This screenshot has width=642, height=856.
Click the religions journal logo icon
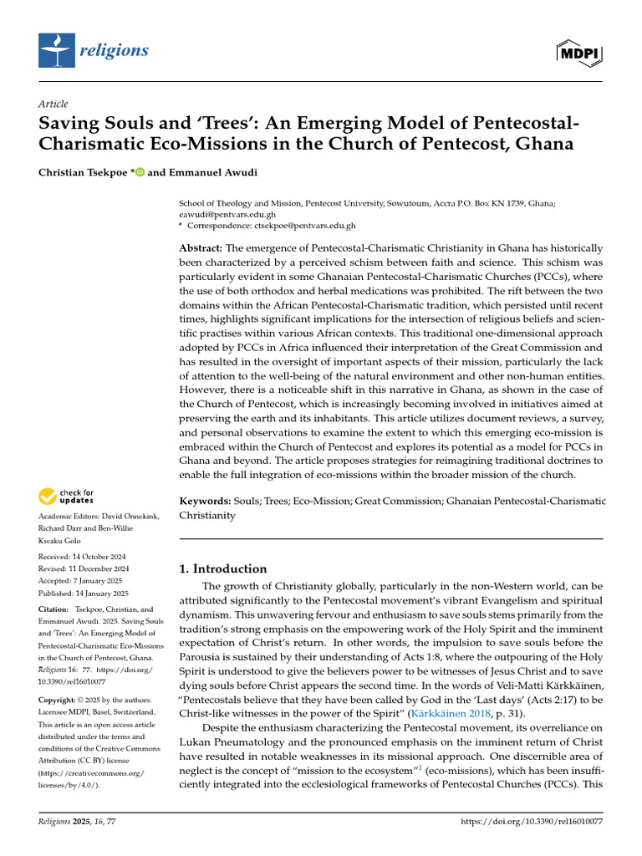click(56, 51)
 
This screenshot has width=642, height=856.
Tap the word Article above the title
click(53, 104)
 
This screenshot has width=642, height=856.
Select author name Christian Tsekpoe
click(81, 172)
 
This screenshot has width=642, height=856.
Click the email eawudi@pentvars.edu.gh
click(220, 214)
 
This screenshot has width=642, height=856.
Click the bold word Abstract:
click(201, 249)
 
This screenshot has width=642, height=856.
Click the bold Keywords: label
click(205, 501)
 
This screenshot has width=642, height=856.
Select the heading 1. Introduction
click(223, 568)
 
